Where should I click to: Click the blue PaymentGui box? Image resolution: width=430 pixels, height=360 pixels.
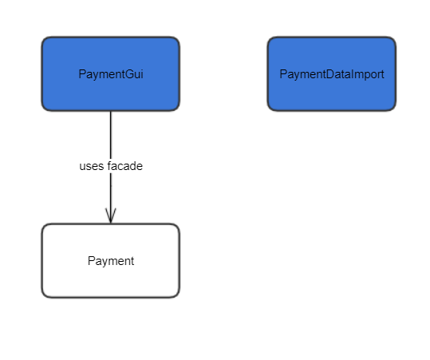click(x=111, y=73)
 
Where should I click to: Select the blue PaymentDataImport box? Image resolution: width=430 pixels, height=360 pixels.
click(x=332, y=73)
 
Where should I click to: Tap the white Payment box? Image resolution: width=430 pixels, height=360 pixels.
click(x=111, y=261)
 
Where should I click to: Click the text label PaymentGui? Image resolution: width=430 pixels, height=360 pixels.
click(x=111, y=74)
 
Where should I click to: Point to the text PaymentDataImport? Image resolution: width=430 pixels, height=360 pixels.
click(x=332, y=74)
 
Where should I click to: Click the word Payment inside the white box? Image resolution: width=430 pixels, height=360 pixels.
click(x=111, y=261)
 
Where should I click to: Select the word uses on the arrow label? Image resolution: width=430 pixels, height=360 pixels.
click(x=92, y=166)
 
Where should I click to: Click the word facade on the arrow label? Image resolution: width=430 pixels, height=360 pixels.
click(x=125, y=166)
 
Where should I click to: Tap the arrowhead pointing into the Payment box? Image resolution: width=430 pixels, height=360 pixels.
click(x=111, y=216)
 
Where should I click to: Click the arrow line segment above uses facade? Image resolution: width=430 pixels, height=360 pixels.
click(x=111, y=135)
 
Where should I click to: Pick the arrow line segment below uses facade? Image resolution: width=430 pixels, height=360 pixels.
click(x=111, y=198)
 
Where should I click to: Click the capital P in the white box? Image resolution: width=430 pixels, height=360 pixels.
click(x=91, y=261)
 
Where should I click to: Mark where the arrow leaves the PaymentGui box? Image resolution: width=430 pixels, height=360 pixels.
click(x=111, y=111)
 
